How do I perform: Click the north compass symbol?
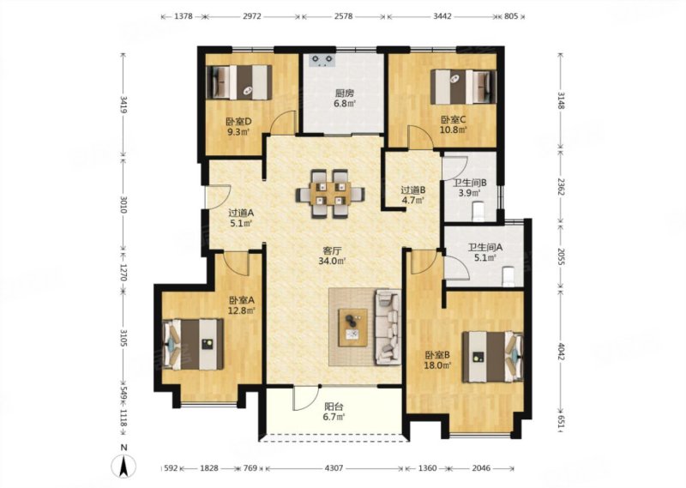click(124, 465)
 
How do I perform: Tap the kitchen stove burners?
click(322, 60)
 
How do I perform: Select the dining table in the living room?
click(331, 193)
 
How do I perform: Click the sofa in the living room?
click(388, 327)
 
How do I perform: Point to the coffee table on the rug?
click(353, 328)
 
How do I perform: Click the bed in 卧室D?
click(239, 82)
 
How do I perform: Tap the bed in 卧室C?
click(464, 87)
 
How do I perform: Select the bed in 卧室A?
click(193, 345)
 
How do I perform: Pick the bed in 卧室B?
click(493, 357)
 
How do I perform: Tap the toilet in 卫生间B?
click(478, 211)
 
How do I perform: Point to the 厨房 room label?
click(344, 93)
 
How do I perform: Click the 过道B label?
click(413, 190)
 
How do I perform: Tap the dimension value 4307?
click(334, 468)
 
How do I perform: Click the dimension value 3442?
click(442, 16)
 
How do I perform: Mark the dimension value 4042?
click(562, 351)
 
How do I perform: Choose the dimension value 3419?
click(123, 105)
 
